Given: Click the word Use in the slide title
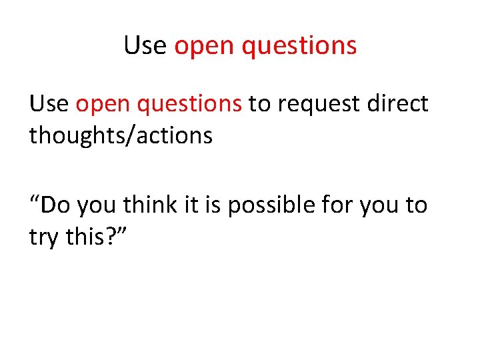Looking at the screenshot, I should coord(145,45).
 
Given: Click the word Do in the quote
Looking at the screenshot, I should coord(57,205).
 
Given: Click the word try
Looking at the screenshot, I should coord(43,237).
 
